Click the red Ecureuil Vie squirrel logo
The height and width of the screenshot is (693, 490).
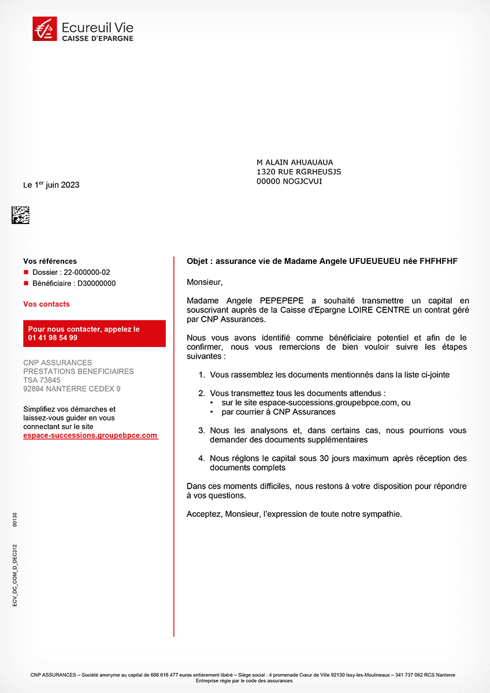tap(44, 29)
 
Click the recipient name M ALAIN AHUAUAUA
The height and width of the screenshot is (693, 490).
tap(295, 162)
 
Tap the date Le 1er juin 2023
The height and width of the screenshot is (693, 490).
tap(51, 185)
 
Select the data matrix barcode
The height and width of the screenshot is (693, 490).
tap(20, 215)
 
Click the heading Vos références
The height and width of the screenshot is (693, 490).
tap(50, 261)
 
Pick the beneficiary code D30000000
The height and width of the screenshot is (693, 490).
tap(96, 284)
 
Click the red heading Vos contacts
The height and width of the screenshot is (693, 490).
tap(46, 304)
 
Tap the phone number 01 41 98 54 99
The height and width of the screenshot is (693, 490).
tap(53, 338)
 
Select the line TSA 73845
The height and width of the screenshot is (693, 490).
tap(42, 380)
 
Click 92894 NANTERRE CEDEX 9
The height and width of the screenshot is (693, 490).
tap(72, 389)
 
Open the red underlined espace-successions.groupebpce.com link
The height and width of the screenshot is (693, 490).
tap(90, 435)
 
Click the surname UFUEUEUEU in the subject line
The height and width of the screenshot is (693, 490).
tap(375, 261)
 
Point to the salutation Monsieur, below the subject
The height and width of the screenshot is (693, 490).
tap(204, 282)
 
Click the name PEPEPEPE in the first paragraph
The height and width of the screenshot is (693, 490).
tap(283, 300)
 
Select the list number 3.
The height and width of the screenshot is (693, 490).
tap(201, 430)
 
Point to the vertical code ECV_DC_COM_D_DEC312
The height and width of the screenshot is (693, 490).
tap(14, 574)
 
